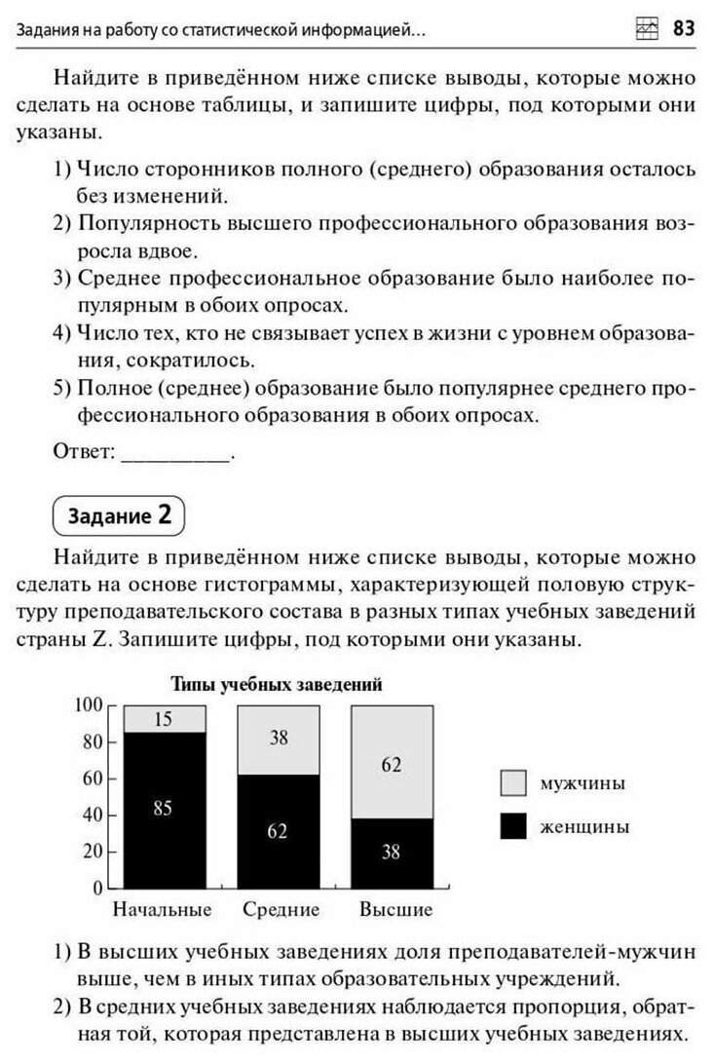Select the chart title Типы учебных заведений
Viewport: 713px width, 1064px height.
pos(277,684)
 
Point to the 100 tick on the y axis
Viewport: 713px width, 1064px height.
pos(90,704)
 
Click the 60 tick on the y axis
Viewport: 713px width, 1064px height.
pos(93,778)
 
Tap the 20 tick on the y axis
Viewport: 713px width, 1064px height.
pos(93,851)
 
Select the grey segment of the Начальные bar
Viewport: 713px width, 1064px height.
pos(164,719)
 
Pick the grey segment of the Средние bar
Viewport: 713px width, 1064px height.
pos(279,740)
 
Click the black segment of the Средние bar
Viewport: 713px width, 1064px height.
pos(279,831)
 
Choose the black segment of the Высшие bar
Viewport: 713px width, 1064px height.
pos(392,854)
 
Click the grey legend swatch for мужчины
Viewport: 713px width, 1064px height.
pos(513,782)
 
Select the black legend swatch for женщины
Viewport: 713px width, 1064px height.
pos(513,826)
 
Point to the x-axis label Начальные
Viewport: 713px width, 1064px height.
pos(163,910)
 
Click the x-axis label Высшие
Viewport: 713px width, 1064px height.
pos(395,910)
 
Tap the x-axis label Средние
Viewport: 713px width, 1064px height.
pos(281,910)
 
